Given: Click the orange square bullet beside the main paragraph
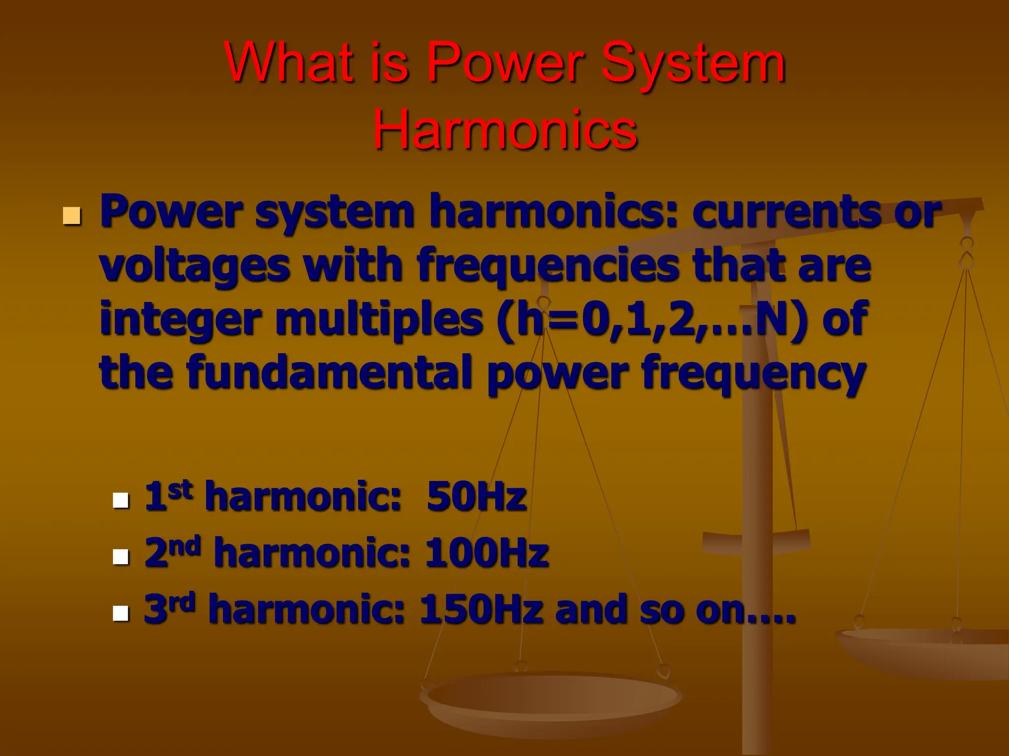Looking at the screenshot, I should click(72, 216).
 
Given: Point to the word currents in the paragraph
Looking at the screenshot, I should click(786, 212).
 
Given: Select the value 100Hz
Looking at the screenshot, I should click(486, 553).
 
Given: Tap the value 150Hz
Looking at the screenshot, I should click(481, 609).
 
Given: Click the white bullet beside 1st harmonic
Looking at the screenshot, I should click(121, 500).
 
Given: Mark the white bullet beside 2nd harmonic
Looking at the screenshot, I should click(121, 557).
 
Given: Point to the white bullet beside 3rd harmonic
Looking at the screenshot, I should click(121, 613).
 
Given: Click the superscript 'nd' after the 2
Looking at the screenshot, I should click(187, 545).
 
